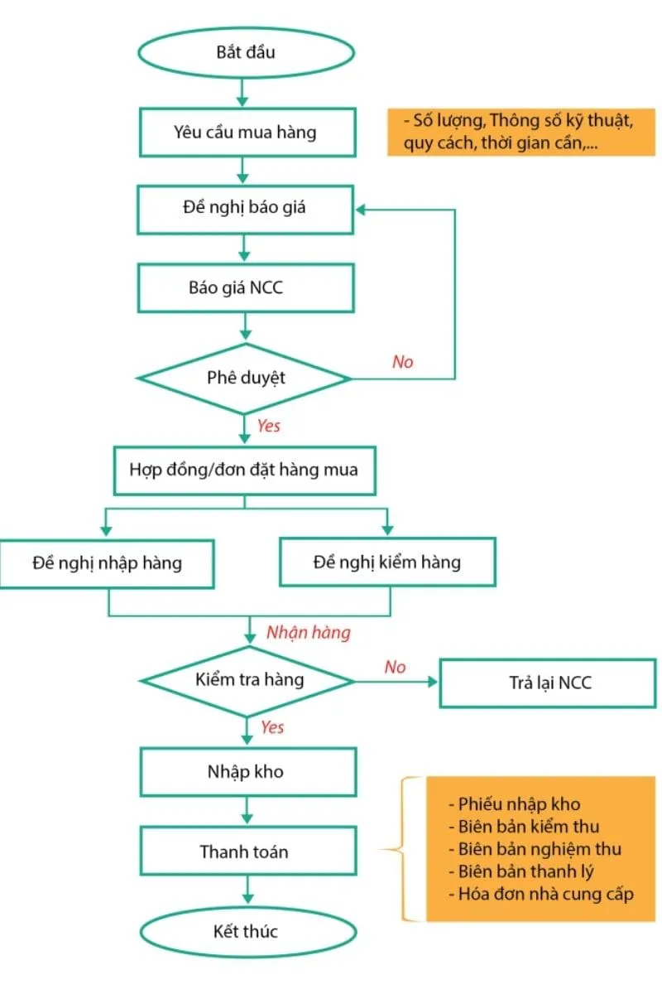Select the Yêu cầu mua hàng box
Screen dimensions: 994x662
click(246, 132)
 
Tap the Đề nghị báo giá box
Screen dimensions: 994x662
click(246, 208)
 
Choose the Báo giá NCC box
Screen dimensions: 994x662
click(246, 287)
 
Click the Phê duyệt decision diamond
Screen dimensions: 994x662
click(246, 378)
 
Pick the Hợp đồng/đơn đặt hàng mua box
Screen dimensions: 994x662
click(244, 470)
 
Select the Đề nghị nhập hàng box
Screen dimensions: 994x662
click(108, 562)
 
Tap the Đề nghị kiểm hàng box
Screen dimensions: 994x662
click(387, 562)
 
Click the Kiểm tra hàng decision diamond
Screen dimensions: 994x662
click(248, 680)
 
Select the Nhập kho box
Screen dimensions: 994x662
click(246, 771)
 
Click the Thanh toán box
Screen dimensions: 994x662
click(246, 851)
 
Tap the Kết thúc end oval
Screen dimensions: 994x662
click(246, 931)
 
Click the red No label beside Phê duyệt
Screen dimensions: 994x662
click(402, 362)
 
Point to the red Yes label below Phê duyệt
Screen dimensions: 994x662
click(269, 426)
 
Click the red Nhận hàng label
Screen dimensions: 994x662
click(308, 633)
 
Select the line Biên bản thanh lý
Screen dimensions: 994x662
click(525, 871)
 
